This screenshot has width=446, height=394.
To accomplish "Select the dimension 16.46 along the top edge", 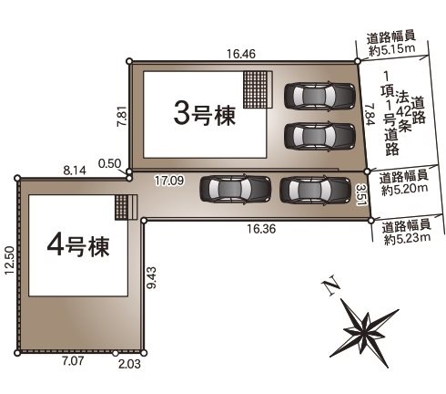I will [241, 55].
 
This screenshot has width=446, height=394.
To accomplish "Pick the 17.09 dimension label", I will [169, 181].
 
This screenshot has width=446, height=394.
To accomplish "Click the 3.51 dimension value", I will [361, 193].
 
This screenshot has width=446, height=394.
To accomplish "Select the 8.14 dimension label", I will [76, 170].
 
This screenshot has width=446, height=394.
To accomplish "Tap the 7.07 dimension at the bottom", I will [73, 363].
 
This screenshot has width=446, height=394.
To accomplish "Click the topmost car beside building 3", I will [319, 95].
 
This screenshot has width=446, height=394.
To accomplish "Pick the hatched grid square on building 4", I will [125, 206].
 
